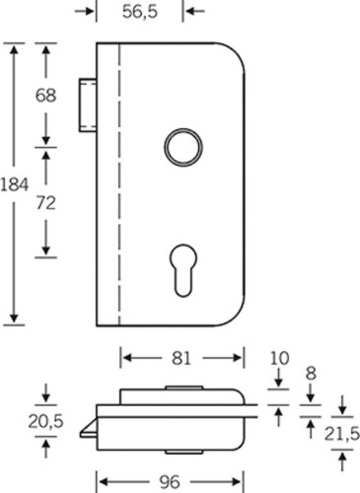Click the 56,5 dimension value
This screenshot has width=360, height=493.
tap(140, 12)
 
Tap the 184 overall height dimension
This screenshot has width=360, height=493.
tap(15, 184)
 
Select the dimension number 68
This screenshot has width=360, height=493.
tap(45, 96)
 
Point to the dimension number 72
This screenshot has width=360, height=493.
tap(45, 203)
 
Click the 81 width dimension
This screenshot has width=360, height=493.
tap(181, 358)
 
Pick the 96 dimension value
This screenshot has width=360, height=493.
tap(170, 482)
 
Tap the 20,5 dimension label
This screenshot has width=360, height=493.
tap(45, 421)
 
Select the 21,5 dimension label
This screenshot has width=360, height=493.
tap(342, 435)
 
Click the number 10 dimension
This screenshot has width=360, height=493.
tap(279, 359)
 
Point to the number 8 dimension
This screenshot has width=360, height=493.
tap(311, 374)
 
